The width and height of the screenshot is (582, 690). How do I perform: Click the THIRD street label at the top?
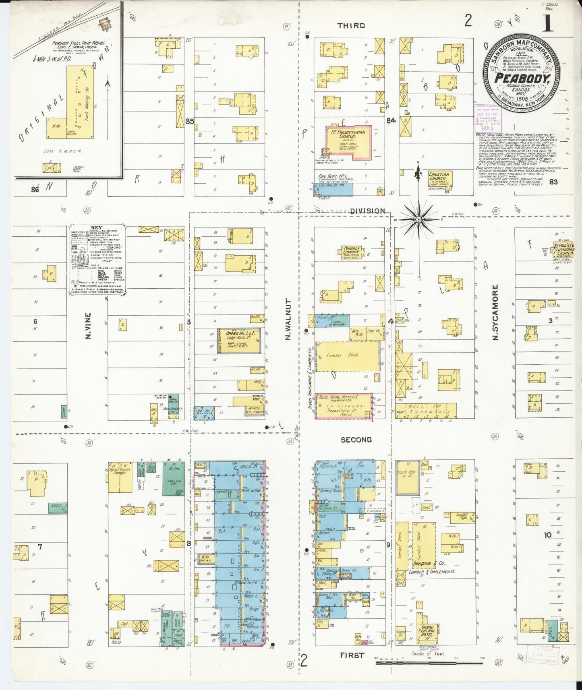(x=351, y=26)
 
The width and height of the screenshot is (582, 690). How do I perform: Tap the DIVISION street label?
(x=367, y=211)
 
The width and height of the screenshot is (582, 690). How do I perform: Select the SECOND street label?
(x=356, y=440)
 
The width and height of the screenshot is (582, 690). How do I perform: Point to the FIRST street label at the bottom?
(x=352, y=655)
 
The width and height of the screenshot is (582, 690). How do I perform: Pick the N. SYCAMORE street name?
(x=495, y=312)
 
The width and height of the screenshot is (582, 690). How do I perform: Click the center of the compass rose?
(x=418, y=219)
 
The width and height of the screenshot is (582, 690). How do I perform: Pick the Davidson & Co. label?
(x=428, y=564)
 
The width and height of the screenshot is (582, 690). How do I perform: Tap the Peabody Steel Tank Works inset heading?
(x=78, y=43)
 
